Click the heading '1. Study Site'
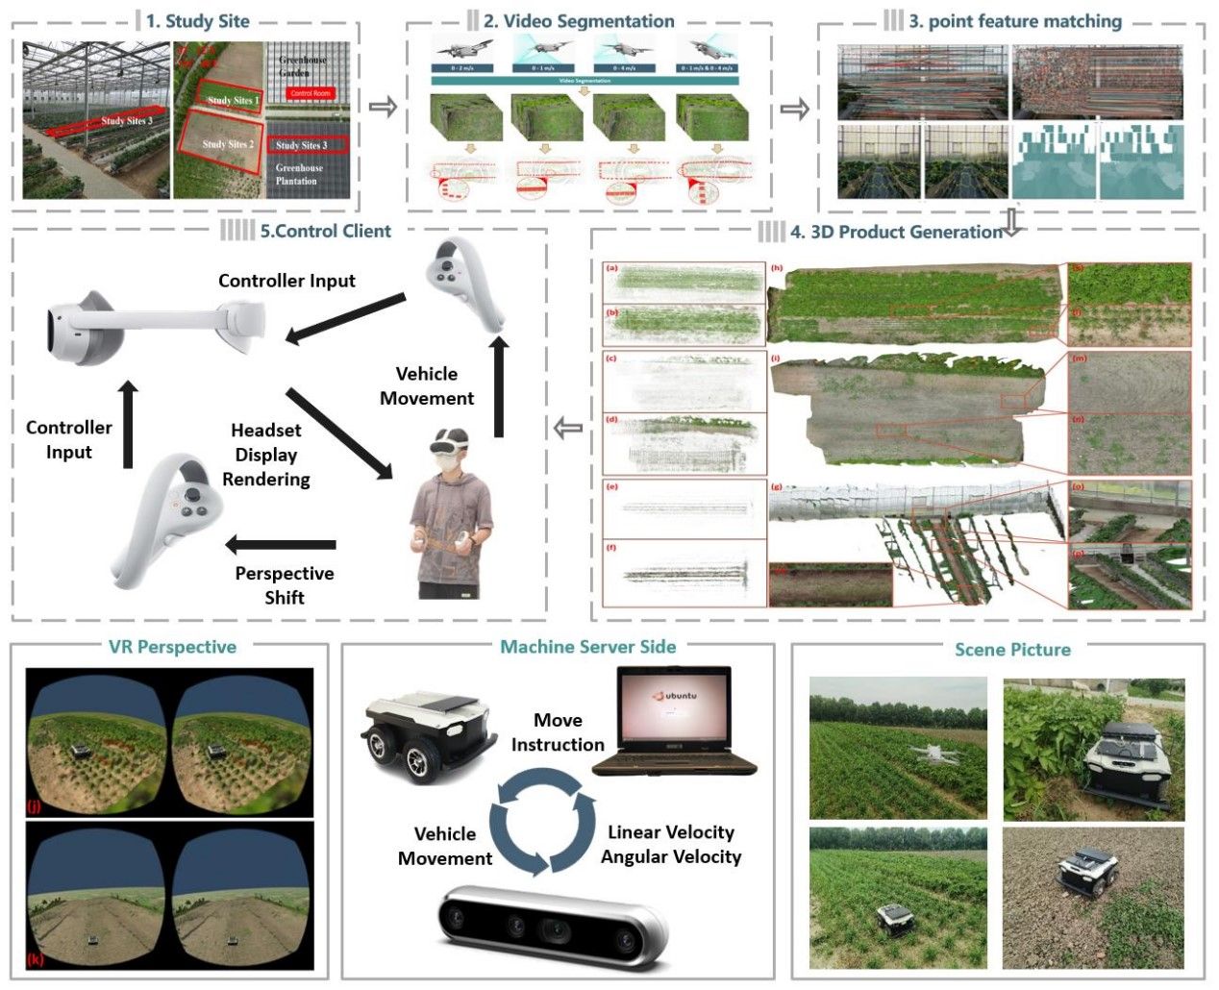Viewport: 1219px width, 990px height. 197,21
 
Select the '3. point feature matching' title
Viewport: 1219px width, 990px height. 1014,21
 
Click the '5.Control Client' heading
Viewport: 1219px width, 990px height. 325,231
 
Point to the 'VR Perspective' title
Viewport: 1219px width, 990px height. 173,647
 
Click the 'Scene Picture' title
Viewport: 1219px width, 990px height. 1012,650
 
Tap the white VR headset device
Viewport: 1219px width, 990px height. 154,324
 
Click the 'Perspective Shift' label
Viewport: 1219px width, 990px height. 285,585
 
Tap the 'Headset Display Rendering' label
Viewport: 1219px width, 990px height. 266,455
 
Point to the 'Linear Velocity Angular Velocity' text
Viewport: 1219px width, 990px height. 671,844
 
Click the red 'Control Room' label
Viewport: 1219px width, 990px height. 310,93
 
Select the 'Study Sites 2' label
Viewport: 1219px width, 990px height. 228,144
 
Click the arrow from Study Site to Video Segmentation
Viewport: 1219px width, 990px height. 383,107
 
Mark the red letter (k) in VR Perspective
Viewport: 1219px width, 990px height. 37,958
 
